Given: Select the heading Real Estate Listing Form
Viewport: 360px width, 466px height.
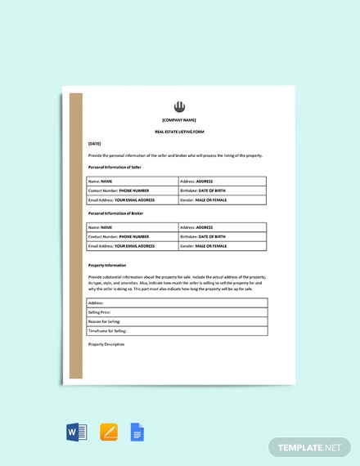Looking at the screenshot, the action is coord(180,132).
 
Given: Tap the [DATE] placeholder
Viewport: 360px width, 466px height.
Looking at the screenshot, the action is coord(95,143).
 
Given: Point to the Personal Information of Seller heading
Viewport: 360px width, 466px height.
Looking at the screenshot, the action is coord(114,167).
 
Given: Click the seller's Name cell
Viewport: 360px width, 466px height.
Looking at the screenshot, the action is coord(132,181).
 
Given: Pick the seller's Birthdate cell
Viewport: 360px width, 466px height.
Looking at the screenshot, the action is coord(221,190).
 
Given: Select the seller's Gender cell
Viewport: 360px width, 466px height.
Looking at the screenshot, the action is coord(221,199).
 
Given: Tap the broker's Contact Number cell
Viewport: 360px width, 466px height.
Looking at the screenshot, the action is coord(132,236).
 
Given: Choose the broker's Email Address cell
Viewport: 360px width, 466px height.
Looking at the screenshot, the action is coord(132,245).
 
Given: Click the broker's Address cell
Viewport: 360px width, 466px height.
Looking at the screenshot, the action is coord(221,227).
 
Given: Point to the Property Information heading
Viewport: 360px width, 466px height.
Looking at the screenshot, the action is coord(107,265).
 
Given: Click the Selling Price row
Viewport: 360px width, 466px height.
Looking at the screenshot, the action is coord(177,312).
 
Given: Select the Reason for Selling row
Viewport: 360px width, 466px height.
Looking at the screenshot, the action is coord(177,321).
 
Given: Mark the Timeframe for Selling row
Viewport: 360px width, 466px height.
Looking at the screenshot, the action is coord(177,330).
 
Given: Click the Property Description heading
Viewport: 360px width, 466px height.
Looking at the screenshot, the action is coord(106,344).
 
